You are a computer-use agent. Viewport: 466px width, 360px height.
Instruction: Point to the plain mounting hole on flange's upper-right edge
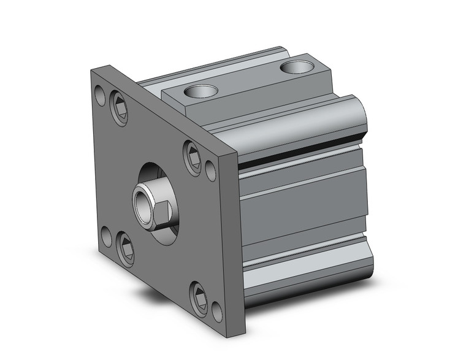tap(210, 168)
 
